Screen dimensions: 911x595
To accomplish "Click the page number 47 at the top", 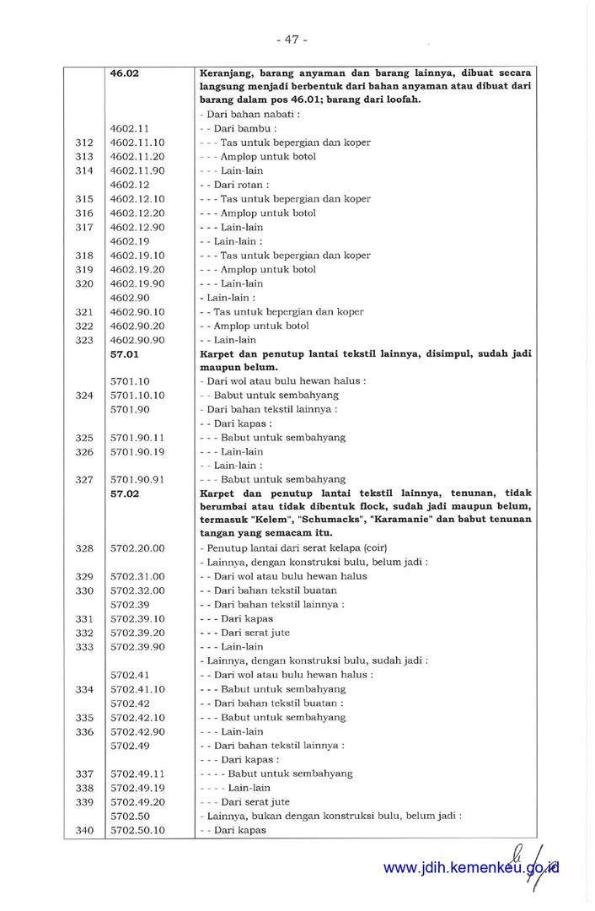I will click(292, 39).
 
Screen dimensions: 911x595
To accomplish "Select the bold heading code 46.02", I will click(125, 73).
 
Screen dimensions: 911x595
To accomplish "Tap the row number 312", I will click(83, 143).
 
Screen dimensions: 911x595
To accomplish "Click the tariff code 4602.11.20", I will click(137, 157).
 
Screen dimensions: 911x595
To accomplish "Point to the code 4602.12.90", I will click(137, 227).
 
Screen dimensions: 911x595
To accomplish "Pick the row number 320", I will click(83, 283).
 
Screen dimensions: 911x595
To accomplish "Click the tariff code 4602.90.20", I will click(137, 326).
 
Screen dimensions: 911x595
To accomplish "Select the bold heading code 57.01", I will click(125, 354).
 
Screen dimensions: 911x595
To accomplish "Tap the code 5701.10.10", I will click(137, 396).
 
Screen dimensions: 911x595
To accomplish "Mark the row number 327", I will click(83, 479).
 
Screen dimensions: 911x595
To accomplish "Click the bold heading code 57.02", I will click(125, 493).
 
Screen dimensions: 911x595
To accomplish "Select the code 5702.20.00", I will click(137, 548).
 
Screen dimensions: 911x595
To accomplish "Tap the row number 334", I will click(83, 689).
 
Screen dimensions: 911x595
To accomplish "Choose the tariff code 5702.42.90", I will click(137, 731).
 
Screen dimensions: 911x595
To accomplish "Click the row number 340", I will click(83, 830).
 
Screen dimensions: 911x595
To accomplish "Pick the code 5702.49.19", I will click(137, 788).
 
